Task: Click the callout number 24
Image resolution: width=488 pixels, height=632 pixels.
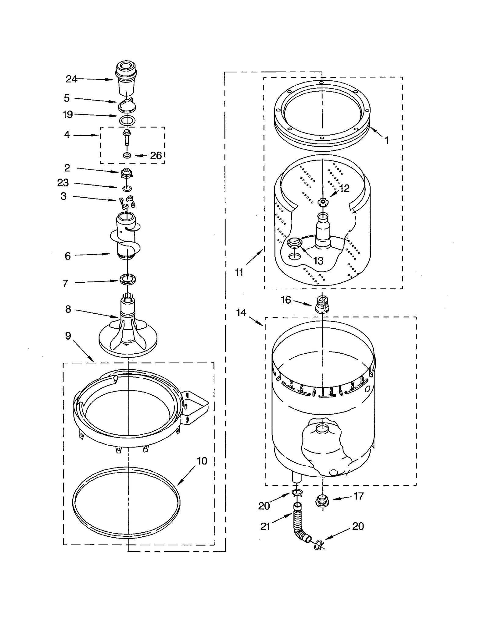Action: [71, 79]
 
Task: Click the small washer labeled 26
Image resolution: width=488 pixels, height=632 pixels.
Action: [127, 156]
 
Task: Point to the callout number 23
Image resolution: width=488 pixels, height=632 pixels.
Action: [63, 183]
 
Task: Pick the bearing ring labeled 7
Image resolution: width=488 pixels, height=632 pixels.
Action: [127, 279]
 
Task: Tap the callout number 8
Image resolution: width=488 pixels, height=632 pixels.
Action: [68, 309]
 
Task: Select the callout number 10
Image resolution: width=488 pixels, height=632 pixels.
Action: [202, 461]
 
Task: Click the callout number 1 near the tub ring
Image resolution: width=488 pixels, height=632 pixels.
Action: [386, 140]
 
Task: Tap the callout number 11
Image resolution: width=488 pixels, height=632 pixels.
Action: [239, 272]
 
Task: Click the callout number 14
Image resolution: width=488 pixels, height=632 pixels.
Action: [241, 312]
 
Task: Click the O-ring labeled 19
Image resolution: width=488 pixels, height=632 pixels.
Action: [127, 120]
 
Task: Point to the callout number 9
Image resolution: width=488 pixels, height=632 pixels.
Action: [68, 336]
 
